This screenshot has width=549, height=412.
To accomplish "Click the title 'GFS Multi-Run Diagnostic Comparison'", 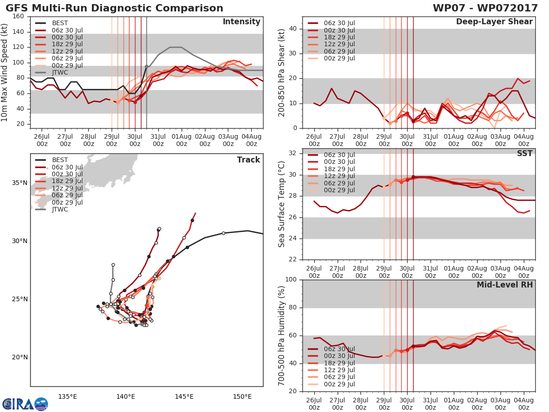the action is tap(114, 8).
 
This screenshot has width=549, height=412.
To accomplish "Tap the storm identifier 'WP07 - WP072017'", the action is tap(485, 8).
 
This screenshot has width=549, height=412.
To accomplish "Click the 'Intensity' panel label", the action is tap(242, 22).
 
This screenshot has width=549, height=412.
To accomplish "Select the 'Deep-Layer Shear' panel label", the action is tap(494, 22).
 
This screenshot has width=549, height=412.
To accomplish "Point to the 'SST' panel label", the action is tap(525, 153).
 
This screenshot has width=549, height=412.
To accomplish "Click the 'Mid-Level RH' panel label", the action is tap(505, 285).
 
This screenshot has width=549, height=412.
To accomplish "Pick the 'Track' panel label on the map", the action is tap(248, 160).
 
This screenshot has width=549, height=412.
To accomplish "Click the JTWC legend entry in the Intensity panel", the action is tap(52, 72).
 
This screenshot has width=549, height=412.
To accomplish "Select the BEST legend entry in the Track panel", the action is tap(52, 160).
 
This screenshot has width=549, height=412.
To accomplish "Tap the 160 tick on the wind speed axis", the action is tap(18, 16).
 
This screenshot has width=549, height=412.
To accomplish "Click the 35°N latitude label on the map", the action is tap(20, 183).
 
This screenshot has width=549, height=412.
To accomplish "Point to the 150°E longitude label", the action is tap(242, 396).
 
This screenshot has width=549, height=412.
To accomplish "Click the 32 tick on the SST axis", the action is tap(293, 153).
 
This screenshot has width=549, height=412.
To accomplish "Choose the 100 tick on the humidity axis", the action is tap(291, 279).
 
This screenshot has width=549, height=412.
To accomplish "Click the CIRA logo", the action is tap(25, 404).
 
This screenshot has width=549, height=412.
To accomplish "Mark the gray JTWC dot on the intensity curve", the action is tap(146, 67).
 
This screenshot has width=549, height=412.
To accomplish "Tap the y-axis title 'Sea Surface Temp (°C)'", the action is tap(282, 204).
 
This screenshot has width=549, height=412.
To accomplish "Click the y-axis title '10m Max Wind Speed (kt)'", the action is tap(4, 72).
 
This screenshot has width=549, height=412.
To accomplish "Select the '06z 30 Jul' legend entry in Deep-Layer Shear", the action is tap(331, 23).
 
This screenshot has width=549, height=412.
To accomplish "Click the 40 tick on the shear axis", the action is tap(293, 29).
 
